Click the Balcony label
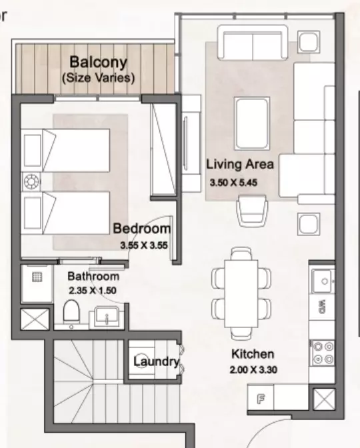pos(98,63)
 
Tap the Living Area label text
pos(240,164)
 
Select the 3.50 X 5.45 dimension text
pos(233,182)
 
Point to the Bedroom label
pos(142,229)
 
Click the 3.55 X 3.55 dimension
pos(144,245)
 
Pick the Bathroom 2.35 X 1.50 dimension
pos(93,291)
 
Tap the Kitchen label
pos(253,354)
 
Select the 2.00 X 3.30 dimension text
pos(253,370)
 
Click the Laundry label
pos(156,362)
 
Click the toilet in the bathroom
pos(71,312)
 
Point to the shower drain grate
pos(37,277)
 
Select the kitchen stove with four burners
pos(323,353)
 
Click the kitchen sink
pos(323,281)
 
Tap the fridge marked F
pos(260,398)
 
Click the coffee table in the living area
pos(252,123)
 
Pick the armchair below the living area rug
pos(252,211)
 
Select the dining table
pos(241,293)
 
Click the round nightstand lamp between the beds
pos(31,181)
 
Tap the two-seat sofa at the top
pos(253,43)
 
